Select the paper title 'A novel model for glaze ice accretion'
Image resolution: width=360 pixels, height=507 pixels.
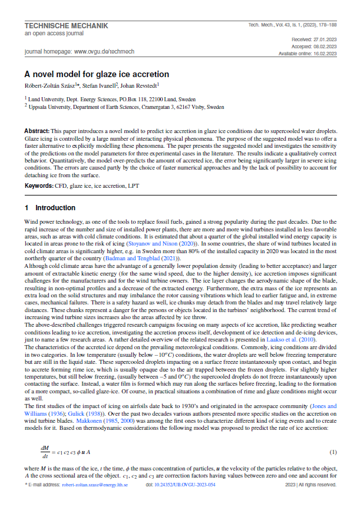pyautogui.click(x=97, y=74)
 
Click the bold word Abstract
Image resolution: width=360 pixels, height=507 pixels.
pyautogui.click(x=37, y=130)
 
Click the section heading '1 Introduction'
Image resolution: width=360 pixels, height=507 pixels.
pyautogui.click(x=50, y=208)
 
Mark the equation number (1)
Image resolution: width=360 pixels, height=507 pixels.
pyautogui.click(x=332, y=452)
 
